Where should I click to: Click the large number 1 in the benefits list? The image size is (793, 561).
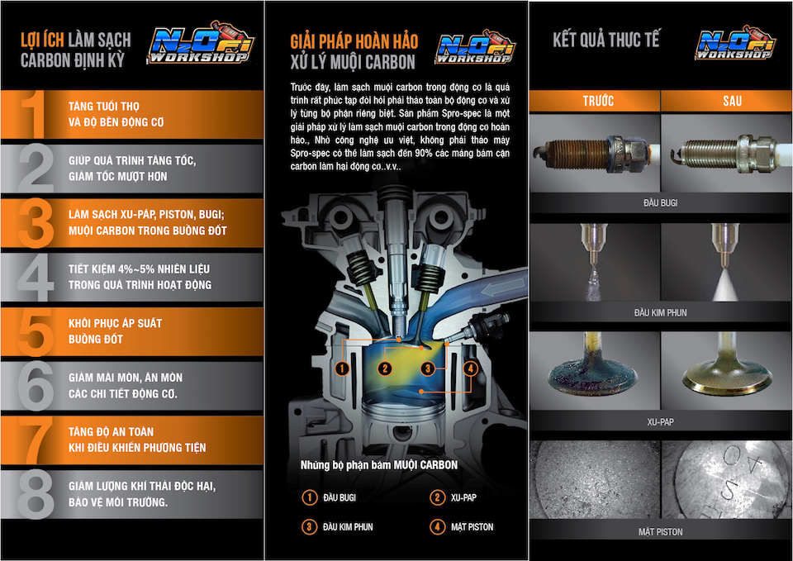33,114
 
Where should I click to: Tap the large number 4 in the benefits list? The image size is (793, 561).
36,278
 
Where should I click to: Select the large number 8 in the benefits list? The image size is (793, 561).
36,495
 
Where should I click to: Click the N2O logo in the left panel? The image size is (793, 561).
201,44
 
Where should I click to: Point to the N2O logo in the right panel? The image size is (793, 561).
735,42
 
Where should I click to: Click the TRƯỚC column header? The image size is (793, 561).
598,101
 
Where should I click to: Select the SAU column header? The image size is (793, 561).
732,101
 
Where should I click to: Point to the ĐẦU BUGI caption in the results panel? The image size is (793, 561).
661,203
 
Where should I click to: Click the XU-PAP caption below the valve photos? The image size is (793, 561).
661,422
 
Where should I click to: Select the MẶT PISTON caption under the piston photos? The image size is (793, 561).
661,531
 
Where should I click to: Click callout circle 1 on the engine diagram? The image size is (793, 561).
342,368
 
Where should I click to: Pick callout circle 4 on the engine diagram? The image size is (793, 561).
470,368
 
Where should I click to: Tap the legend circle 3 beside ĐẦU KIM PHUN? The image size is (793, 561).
309,526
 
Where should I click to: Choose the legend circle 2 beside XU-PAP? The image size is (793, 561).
437,497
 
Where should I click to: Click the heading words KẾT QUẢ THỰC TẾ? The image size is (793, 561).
605,40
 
